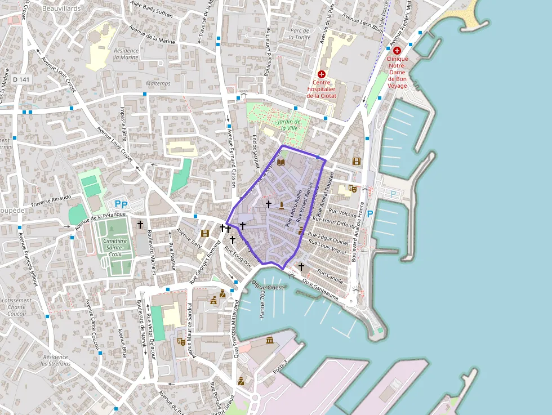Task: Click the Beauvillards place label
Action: (61, 9)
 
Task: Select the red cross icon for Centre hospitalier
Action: (322, 74)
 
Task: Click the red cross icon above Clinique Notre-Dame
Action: (397, 51)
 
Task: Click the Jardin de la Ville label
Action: (288, 124)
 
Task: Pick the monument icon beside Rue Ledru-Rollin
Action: (281, 197)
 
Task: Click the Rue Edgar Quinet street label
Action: (329, 239)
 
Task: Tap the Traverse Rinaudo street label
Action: (51, 200)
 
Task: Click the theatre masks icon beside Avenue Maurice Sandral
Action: (181, 341)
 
